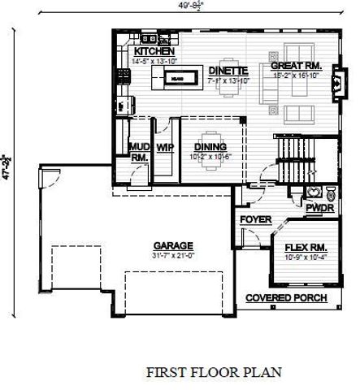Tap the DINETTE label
point(221,70)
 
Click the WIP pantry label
point(165,147)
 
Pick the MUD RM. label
point(139,152)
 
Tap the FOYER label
point(255,219)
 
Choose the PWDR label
point(316,208)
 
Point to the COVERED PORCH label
point(287,298)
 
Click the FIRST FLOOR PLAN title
point(214,372)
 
